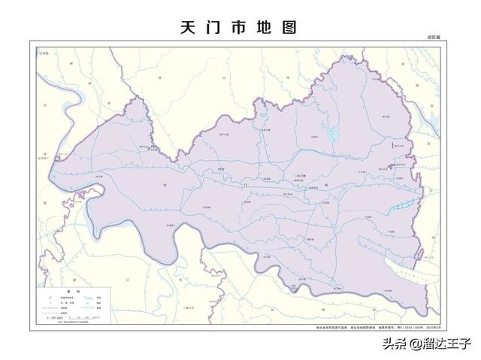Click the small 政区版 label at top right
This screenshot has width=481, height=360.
pos(434,37)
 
